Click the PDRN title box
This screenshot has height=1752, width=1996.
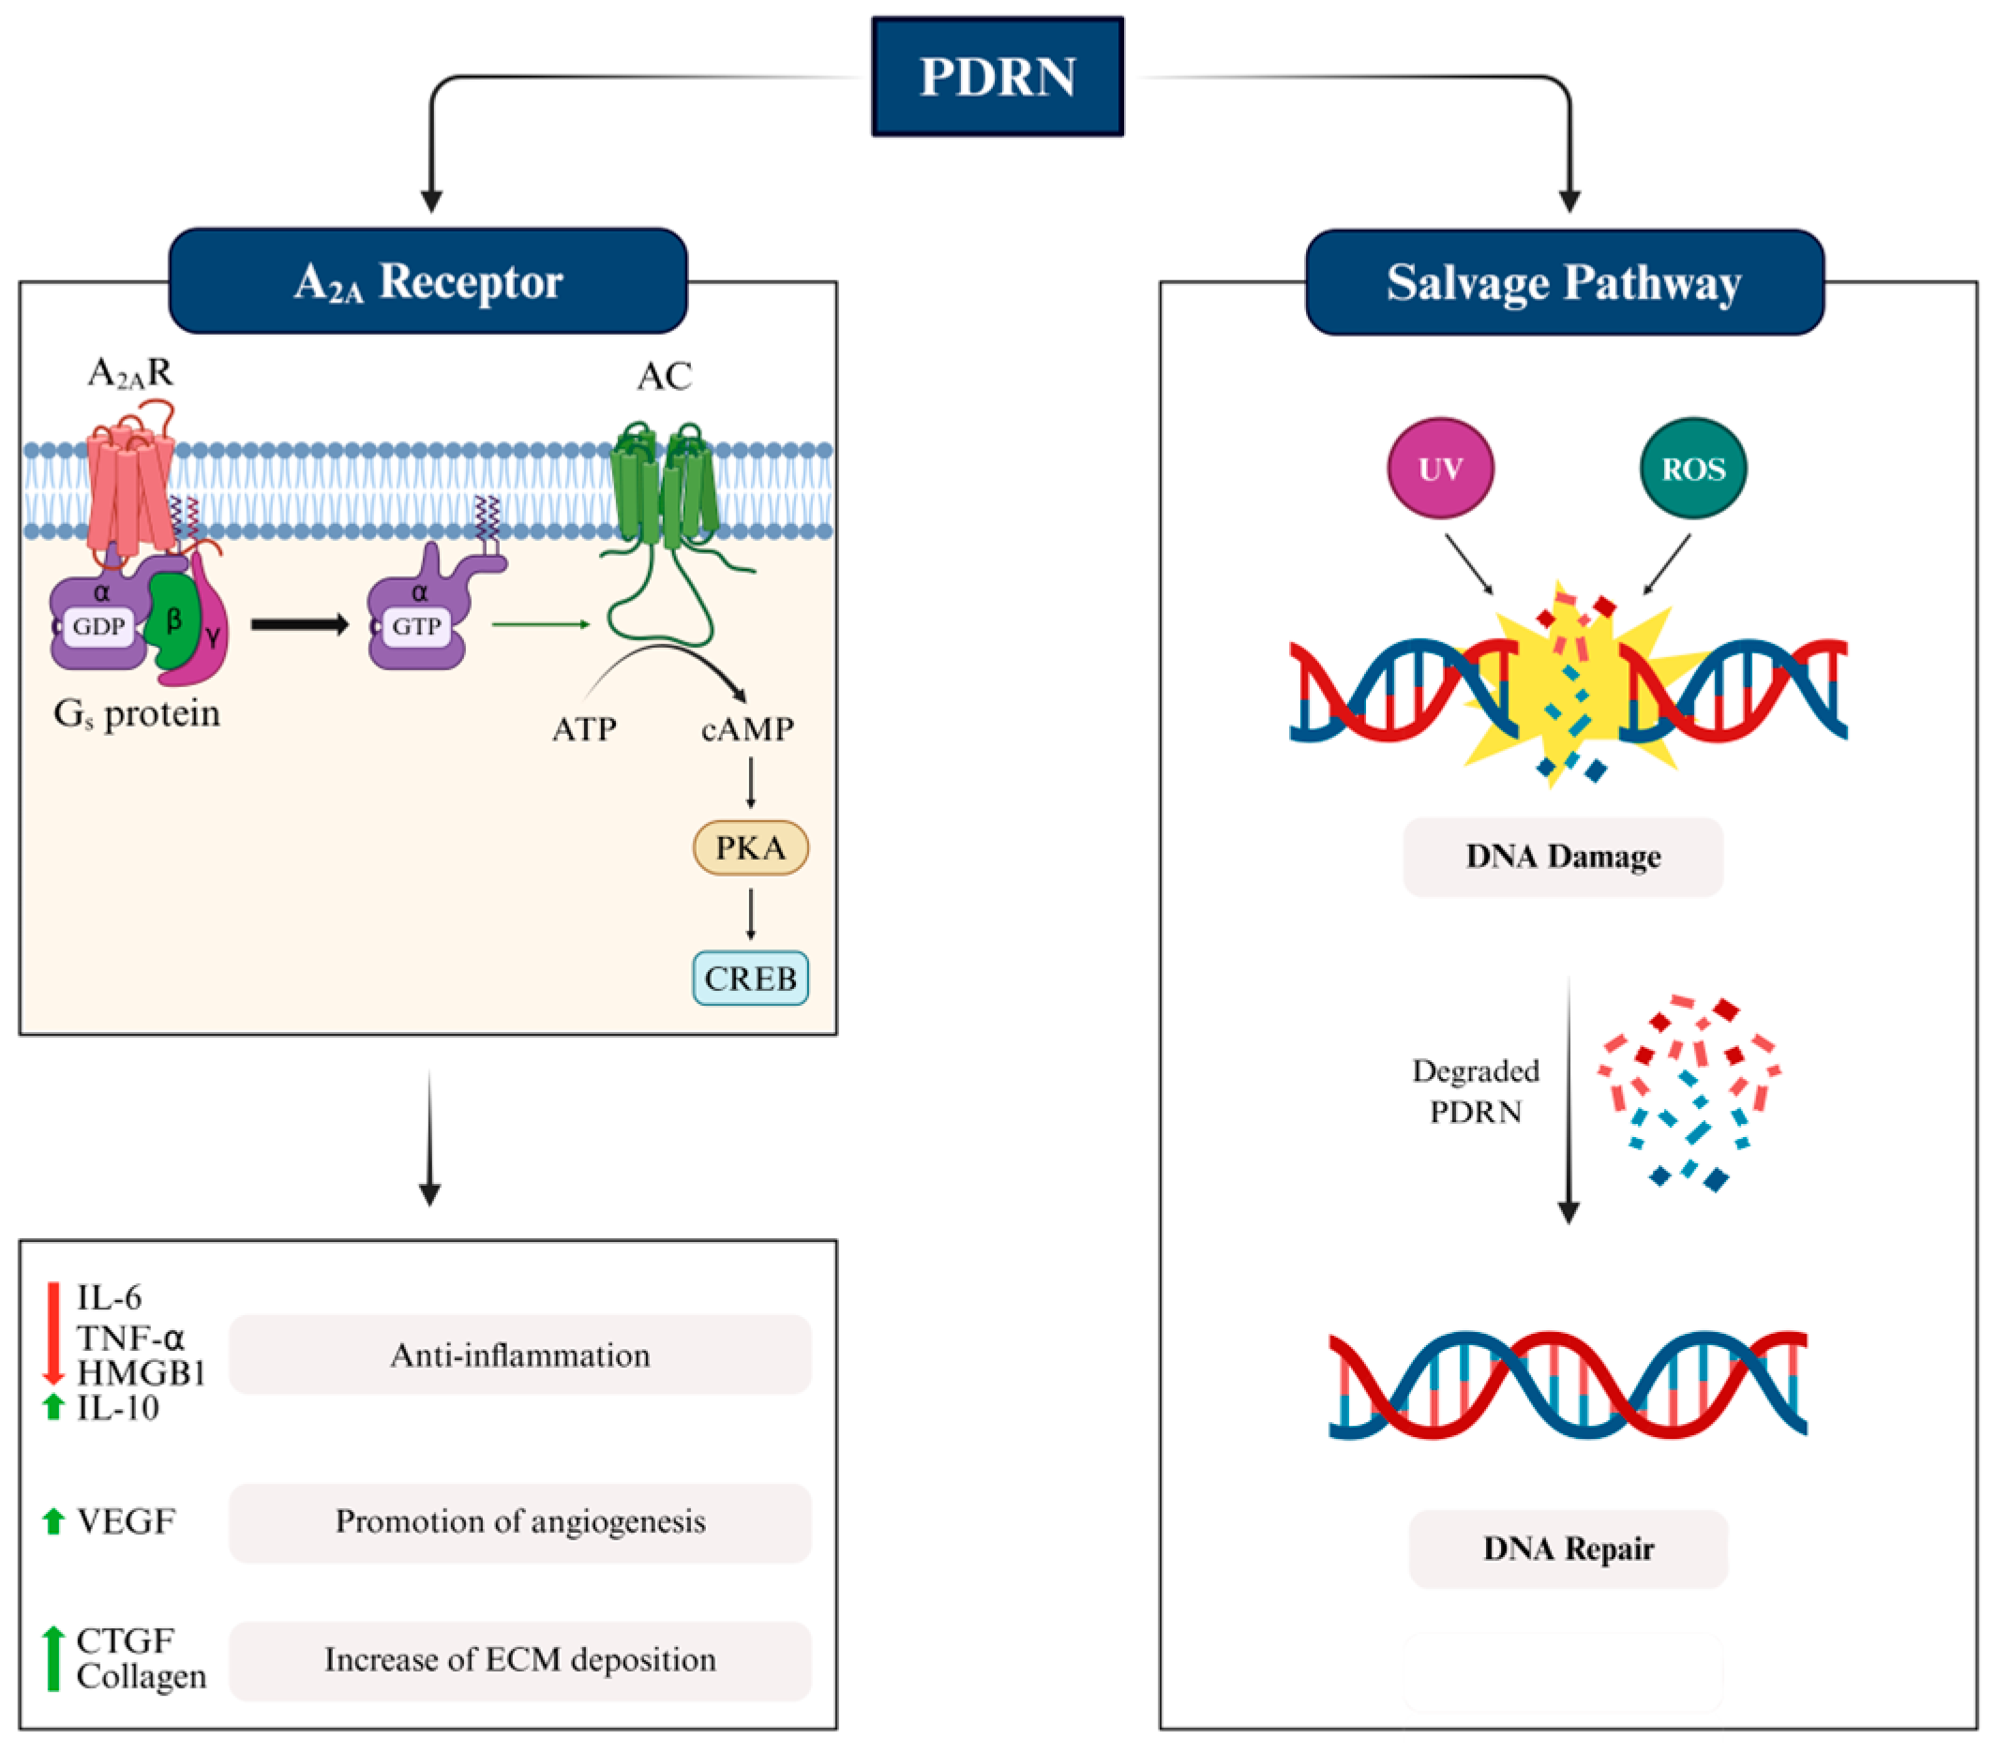point(997,76)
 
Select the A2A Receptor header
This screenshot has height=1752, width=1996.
point(428,281)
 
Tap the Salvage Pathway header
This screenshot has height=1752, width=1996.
point(1565,283)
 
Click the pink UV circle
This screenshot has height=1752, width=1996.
point(1440,469)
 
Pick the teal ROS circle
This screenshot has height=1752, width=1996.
point(1693,469)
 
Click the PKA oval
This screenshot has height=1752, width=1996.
point(750,847)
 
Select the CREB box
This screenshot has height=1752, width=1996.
point(750,978)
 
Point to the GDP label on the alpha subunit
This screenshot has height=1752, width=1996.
point(98,626)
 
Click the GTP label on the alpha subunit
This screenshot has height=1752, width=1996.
point(416,626)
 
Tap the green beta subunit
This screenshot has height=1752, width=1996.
point(172,621)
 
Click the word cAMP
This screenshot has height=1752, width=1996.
point(747,728)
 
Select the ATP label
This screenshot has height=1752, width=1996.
point(584,728)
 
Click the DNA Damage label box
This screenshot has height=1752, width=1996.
point(1563,857)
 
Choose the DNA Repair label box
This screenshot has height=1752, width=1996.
point(1568,1548)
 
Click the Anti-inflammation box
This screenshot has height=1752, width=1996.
point(519,1355)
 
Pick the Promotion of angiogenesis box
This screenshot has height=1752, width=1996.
point(519,1520)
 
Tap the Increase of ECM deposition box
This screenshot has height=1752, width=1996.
point(519,1659)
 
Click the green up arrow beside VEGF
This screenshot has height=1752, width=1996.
point(53,1520)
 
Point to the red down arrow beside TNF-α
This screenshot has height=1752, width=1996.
point(53,1333)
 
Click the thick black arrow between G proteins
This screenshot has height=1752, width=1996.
point(299,624)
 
